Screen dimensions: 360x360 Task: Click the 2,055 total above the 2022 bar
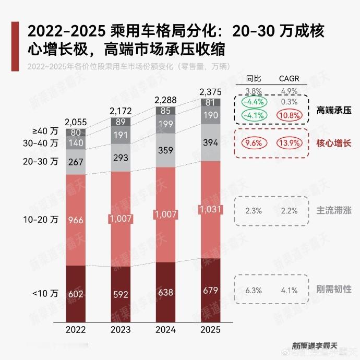pos(76,122)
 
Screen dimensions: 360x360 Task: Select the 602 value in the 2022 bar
pos(76,295)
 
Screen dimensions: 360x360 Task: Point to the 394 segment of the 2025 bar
pos(210,143)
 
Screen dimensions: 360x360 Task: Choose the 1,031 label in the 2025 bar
pos(210,209)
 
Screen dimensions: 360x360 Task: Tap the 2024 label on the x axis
pos(166,329)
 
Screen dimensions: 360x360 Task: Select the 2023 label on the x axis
pos(121,329)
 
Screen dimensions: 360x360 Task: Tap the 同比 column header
pos(254,79)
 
